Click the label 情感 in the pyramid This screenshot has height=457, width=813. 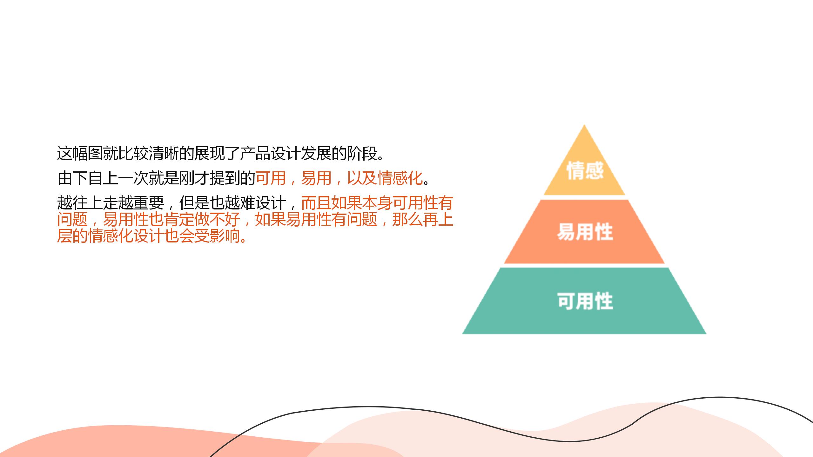[x=585, y=170]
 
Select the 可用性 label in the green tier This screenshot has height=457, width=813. [x=585, y=301]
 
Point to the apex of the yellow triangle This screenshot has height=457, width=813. [x=584, y=125]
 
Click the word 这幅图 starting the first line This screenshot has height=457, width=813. [x=80, y=154]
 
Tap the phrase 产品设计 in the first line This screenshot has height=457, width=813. [x=271, y=154]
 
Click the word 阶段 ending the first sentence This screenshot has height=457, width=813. [x=362, y=154]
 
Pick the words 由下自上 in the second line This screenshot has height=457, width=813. [x=88, y=178]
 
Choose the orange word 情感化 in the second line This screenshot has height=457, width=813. [x=400, y=178]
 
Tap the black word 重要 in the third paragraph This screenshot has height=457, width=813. [x=149, y=203]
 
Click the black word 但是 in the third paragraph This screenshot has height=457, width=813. [x=194, y=203]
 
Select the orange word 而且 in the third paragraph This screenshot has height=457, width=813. [x=316, y=203]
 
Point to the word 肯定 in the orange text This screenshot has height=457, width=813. [x=179, y=219]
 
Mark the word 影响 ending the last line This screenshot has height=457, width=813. [x=225, y=236]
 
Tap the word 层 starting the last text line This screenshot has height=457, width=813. [x=65, y=236]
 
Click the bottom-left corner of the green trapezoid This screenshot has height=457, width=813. [x=463, y=333]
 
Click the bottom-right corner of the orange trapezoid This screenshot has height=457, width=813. [x=664, y=263]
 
